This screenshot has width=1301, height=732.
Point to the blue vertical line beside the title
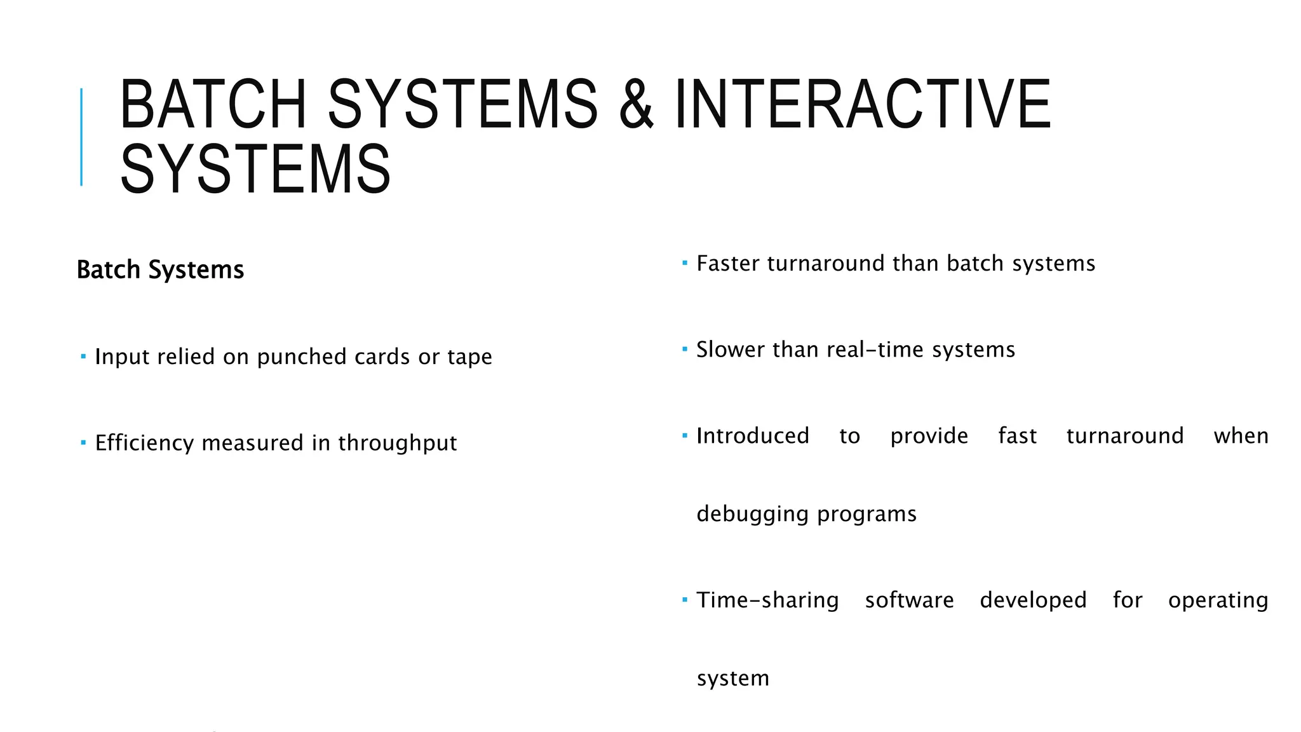click(81, 137)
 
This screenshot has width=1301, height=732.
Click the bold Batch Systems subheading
click(160, 269)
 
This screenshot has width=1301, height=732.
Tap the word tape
click(469, 357)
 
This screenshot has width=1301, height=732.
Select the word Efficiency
click(145, 443)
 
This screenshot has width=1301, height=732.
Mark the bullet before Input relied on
click(83, 356)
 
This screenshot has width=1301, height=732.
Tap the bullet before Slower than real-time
click(685, 349)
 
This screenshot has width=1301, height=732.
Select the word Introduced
click(753, 436)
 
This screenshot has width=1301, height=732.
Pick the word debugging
click(753, 514)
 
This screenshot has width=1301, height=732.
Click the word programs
click(867, 514)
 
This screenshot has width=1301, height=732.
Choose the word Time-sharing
click(767, 600)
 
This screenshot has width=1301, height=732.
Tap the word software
click(909, 600)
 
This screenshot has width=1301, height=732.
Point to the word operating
click(1218, 600)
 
